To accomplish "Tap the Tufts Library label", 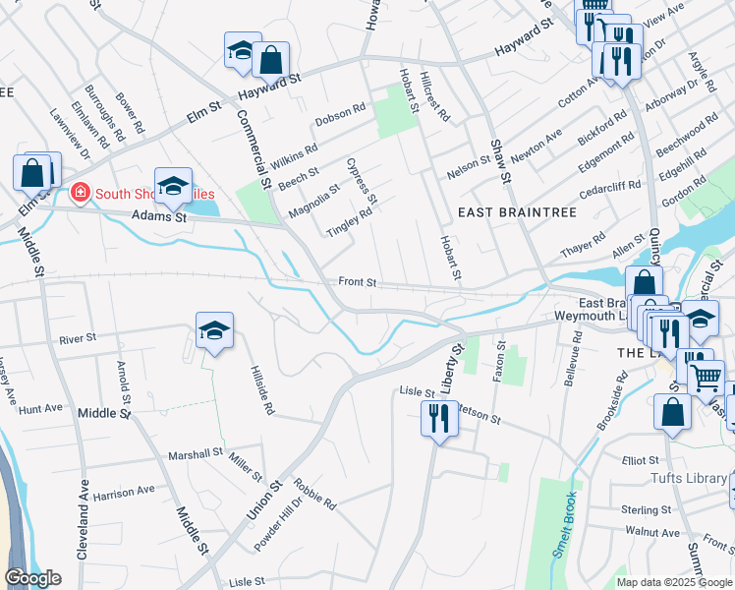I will [693, 478].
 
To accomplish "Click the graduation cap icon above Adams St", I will [173, 187].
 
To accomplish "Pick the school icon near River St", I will [214, 331].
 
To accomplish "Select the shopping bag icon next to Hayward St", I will [270, 60].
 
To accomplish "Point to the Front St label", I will [358, 282].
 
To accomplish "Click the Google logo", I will [33, 577].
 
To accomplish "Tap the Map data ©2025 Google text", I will [674, 582].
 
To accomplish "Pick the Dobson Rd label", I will [340, 114].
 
